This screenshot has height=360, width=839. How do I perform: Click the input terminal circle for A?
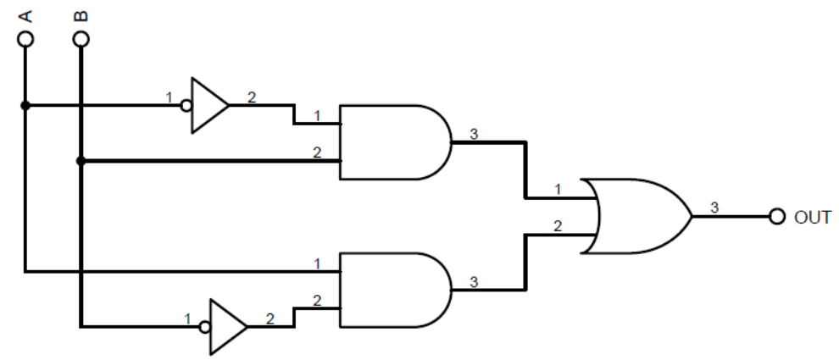click(25, 39)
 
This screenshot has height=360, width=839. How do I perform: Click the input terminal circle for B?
click(81, 39)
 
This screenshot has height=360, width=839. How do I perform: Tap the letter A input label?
click(25, 15)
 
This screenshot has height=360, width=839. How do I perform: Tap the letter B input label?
click(81, 15)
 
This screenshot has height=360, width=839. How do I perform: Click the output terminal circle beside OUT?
click(778, 216)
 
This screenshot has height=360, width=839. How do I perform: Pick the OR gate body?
click(640, 216)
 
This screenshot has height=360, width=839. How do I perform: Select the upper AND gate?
click(390, 142)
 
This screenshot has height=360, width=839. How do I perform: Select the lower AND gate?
click(390, 289)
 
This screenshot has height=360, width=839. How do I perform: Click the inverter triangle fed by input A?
click(208, 106)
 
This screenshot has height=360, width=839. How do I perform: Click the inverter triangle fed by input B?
click(226, 326)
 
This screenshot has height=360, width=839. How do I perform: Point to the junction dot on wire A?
click(25, 106)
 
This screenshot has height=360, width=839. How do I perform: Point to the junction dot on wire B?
click(81, 160)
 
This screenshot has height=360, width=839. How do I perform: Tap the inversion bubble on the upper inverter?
click(186, 106)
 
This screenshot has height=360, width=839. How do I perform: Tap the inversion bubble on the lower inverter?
click(204, 326)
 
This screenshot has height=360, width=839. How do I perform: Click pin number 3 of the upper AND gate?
click(472, 134)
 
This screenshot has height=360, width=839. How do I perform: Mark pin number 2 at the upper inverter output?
click(251, 97)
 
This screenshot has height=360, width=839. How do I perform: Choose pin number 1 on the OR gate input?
click(558, 190)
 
